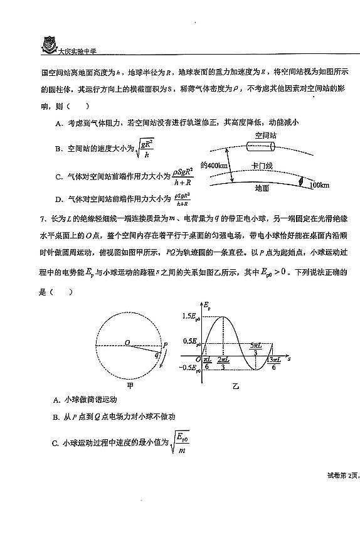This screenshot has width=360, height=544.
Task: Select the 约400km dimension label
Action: pos(217,165)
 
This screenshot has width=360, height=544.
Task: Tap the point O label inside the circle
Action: pos(127,342)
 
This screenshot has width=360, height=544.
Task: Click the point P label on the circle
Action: pos(165,344)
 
